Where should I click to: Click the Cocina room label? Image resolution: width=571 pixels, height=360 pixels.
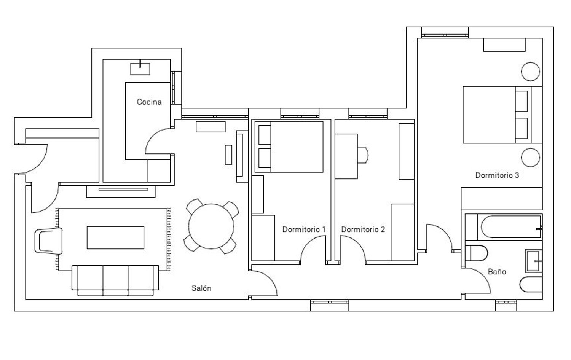coord(149,102)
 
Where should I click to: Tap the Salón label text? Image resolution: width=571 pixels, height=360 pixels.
coord(201,288)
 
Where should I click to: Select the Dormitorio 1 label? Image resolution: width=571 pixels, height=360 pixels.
coord(304,229)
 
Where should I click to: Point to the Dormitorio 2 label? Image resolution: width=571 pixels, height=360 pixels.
coord(363,229)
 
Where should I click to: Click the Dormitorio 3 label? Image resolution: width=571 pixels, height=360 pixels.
coord(497,175)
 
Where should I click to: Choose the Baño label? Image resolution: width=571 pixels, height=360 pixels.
coord(497,272)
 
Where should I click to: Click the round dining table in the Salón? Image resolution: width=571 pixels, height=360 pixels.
coord(211,226)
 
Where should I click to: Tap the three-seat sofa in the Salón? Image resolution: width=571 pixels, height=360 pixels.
coord(115,280)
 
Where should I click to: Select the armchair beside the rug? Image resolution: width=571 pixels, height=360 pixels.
coord(48,241)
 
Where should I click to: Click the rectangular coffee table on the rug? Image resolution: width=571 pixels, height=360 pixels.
coord(115,237)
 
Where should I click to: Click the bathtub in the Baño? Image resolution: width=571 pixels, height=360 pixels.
coord(511,227)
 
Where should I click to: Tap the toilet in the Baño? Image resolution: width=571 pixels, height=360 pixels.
coord(476,253)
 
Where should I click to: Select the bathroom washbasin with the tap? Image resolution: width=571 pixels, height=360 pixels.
coord(534,261)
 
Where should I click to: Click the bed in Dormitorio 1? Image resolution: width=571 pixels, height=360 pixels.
coord(289,147)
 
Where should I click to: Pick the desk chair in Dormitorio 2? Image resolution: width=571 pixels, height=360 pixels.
coord(363,155)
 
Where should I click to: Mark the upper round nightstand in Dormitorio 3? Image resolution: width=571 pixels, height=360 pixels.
coord(531,72)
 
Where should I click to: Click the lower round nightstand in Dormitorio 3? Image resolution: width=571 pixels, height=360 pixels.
coord(531,158)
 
